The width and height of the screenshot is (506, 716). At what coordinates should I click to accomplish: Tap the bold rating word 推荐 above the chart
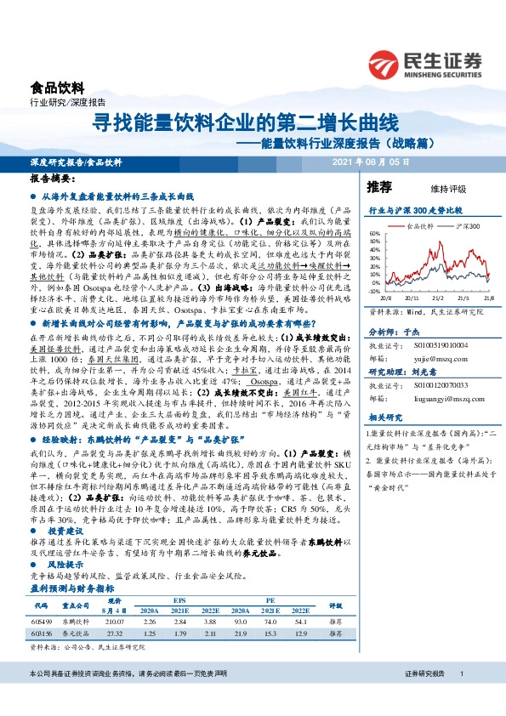[x=378, y=186]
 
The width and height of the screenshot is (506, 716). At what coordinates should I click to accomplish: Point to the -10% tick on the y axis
[x=373, y=292]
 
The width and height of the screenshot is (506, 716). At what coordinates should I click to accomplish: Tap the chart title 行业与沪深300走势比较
[x=415, y=209]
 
